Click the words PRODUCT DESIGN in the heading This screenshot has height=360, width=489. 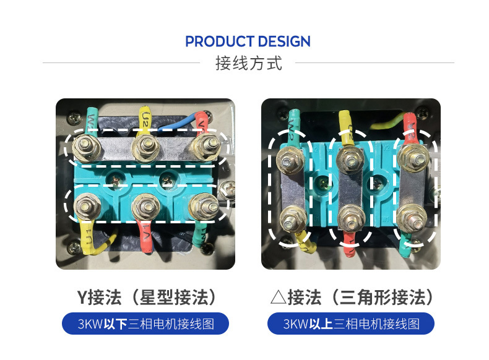pyautogui.click(x=248, y=42)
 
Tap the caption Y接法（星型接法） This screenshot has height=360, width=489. pyautogui.click(x=146, y=298)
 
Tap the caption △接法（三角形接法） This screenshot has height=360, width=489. pyautogui.click(x=350, y=298)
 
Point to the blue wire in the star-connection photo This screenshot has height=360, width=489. pyautogui.click(x=178, y=123)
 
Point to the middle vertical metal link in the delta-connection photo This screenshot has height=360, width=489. pyautogui.click(x=350, y=189)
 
